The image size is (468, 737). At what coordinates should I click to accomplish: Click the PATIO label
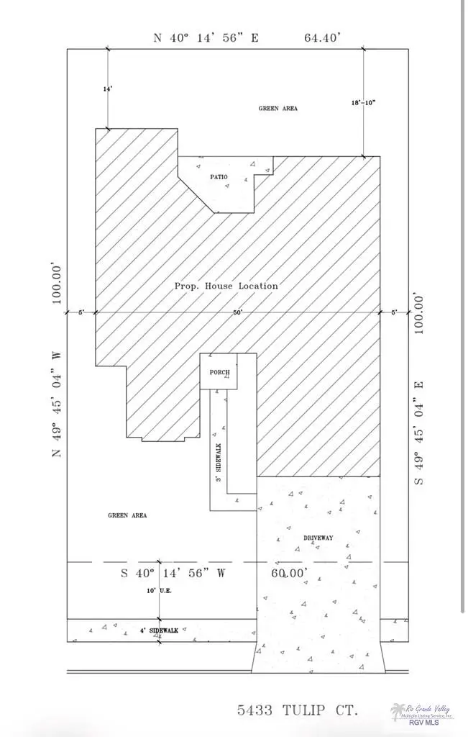[x=219, y=176]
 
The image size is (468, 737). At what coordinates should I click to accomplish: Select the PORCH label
[x=219, y=372]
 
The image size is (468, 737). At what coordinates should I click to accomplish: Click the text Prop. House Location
[x=226, y=286]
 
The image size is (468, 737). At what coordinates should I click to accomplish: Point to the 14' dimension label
[x=108, y=89]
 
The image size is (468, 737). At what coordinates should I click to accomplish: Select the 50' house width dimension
[x=237, y=312]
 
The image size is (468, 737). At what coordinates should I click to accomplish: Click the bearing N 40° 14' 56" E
[x=206, y=37]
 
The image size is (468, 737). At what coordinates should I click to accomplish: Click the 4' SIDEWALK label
[x=159, y=630]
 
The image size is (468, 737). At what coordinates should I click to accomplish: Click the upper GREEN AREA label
[x=278, y=108]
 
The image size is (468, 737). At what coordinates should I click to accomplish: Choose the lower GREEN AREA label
[x=127, y=515]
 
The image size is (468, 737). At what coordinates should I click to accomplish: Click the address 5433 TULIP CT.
[x=297, y=710]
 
